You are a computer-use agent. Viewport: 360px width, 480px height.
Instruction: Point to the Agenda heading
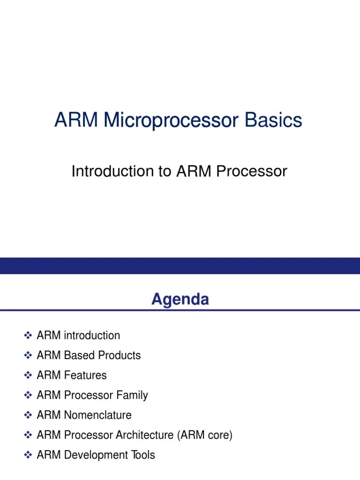tap(180, 299)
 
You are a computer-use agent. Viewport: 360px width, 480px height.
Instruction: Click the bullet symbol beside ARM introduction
tap(27, 336)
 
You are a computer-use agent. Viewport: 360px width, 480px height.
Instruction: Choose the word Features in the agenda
tap(85, 375)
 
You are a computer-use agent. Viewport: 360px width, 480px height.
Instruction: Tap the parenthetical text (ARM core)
tap(205, 435)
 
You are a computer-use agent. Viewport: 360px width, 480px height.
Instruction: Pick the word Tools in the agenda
tap(142, 455)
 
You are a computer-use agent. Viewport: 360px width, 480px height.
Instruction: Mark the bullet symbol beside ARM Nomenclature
tap(27, 415)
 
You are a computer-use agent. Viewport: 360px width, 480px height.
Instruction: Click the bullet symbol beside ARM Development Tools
tap(27, 455)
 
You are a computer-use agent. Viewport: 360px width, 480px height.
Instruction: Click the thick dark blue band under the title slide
tap(180, 265)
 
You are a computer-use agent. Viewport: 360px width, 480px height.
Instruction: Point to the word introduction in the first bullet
tap(92, 336)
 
